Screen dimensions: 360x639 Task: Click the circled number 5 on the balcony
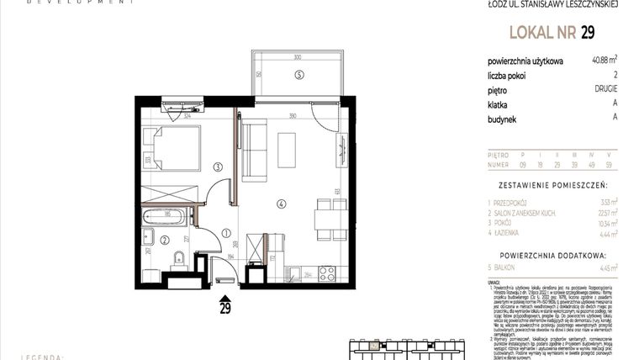[298, 75]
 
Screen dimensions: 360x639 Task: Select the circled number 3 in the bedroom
[217, 167]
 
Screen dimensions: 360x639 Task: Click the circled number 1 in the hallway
[226, 234]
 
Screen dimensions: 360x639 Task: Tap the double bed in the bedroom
[172, 149]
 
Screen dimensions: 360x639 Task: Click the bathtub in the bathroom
[166, 219]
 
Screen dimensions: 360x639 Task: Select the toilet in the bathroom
[179, 257]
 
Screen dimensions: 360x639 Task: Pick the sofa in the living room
[254, 150]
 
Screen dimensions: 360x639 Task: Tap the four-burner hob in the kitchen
[325, 273]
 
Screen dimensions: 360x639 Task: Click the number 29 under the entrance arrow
[225, 308]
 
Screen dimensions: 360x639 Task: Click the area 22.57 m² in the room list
[604, 214]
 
